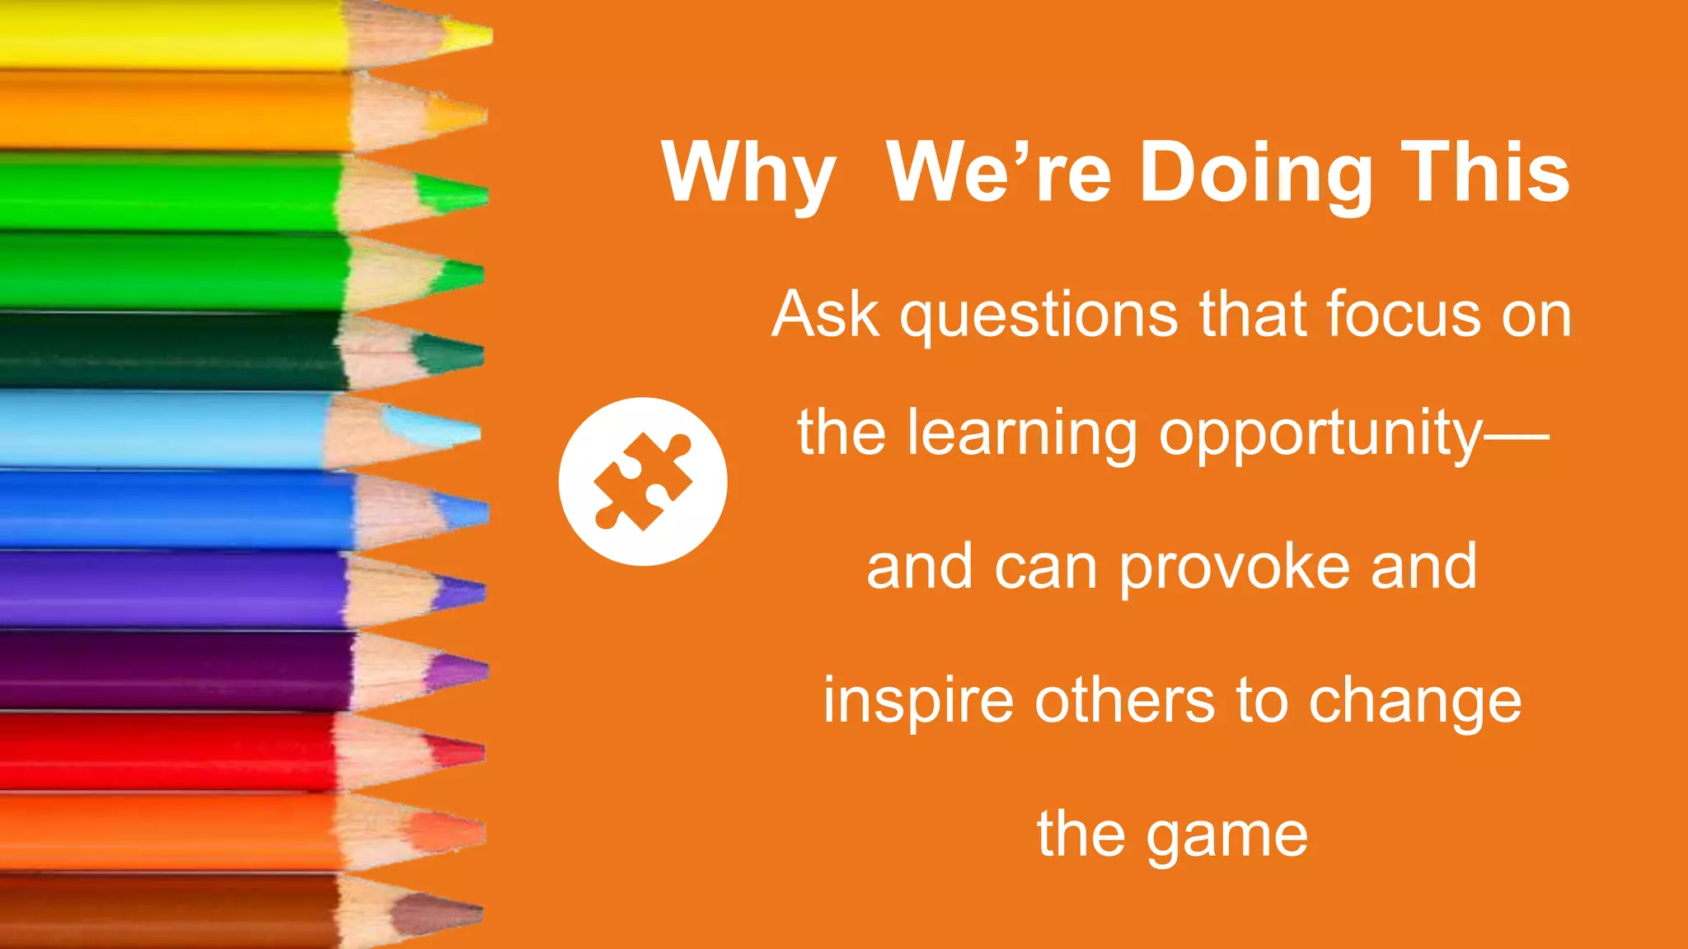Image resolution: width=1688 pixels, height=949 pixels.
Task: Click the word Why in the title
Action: (x=748, y=173)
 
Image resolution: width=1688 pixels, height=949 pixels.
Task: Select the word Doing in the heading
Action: (x=1256, y=173)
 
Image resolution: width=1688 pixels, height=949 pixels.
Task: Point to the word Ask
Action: (x=825, y=315)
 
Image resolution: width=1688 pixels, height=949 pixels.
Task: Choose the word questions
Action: (x=1039, y=316)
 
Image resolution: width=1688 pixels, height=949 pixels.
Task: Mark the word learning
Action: (x=1022, y=434)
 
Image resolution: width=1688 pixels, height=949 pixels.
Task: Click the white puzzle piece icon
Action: (x=643, y=482)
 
